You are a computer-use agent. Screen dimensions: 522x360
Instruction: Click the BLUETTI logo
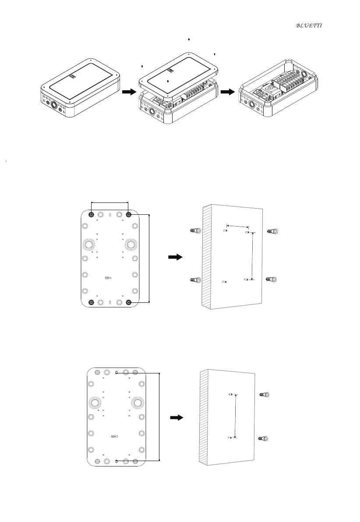(309, 26)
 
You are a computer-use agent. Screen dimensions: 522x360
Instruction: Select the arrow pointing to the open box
(227, 92)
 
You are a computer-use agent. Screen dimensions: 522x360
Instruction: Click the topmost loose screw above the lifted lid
(188, 39)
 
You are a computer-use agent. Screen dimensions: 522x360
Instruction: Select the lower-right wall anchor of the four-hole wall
(272, 279)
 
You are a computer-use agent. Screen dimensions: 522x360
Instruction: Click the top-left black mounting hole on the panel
(91, 215)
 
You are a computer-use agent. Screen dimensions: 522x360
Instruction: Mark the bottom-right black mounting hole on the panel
(129, 302)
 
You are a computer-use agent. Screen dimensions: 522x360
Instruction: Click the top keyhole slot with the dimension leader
(116, 373)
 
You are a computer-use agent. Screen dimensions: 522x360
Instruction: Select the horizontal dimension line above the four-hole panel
(109, 202)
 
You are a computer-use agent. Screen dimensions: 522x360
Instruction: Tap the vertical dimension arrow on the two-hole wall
(236, 416)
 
